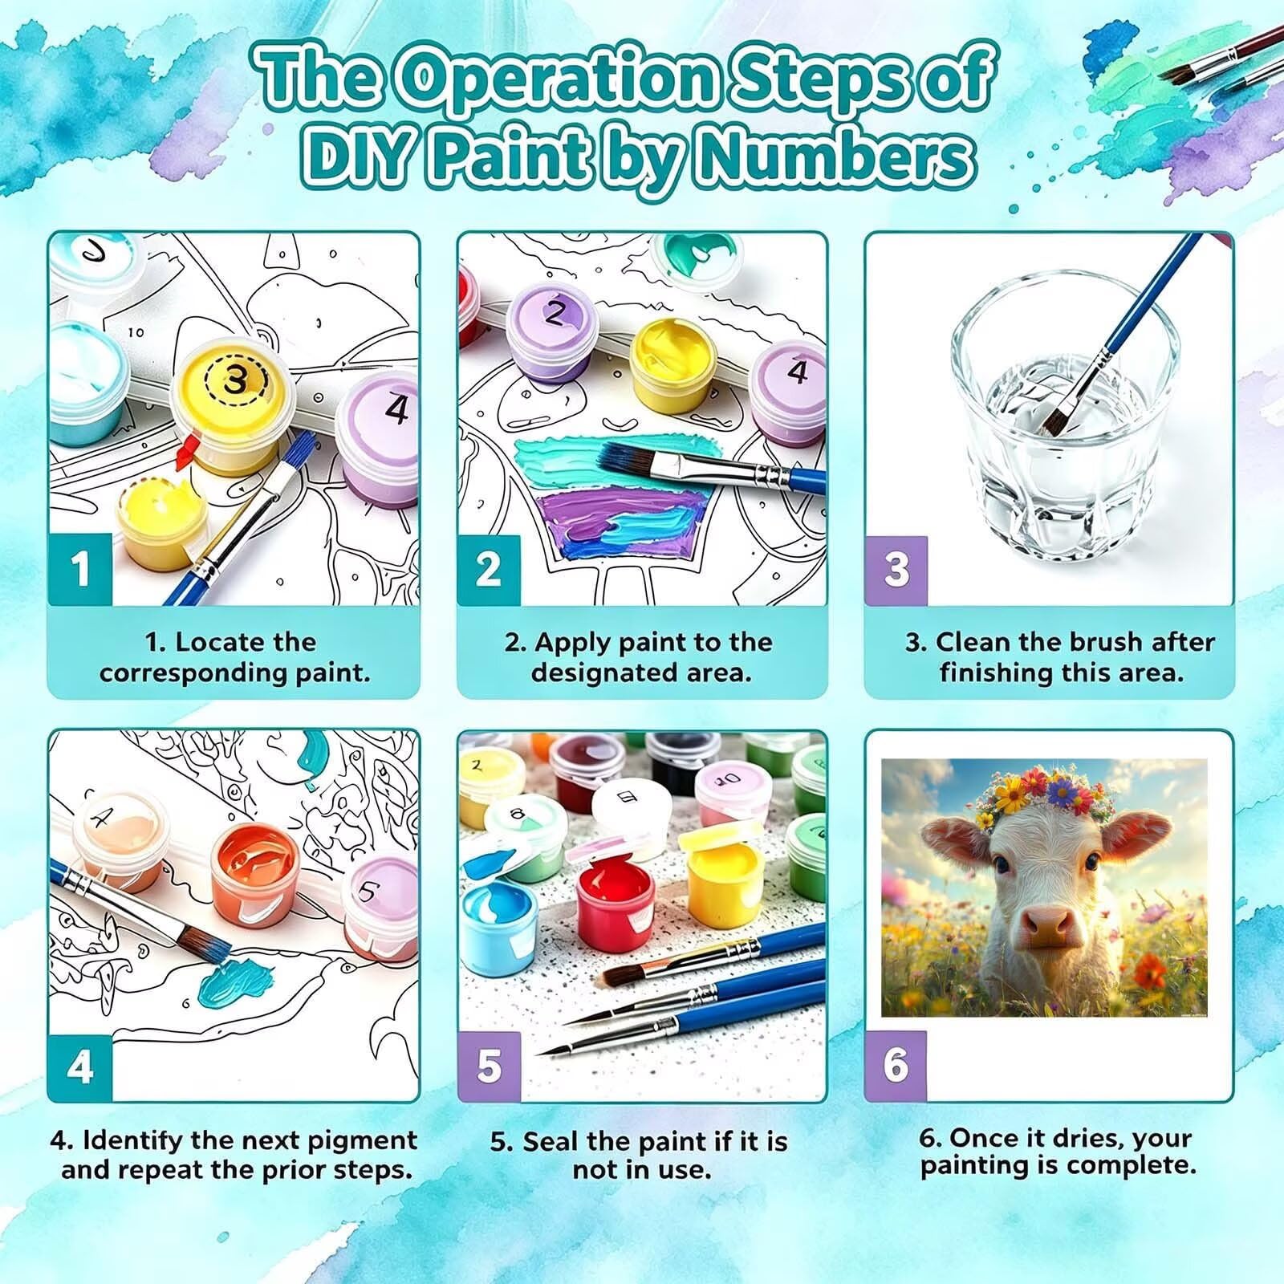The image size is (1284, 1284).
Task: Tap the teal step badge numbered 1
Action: (x=79, y=569)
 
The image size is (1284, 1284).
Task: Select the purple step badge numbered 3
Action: (x=896, y=570)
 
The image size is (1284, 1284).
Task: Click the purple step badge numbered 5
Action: (x=489, y=1067)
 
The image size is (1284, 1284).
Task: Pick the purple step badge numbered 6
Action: (x=896, y=1066)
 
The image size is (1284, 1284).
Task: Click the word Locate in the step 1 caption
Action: (x=218, y=642)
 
